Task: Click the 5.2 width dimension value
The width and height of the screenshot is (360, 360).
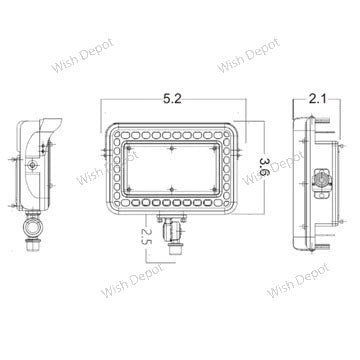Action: tap(172, 99)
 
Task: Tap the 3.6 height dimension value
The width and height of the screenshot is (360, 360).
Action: tap(265, 166)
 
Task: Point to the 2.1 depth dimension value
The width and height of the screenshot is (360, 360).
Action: tap(317, 99)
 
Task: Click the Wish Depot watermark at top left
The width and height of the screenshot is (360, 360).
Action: tap(82, 56)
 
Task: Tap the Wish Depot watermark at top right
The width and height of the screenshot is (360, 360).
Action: tap(248, 56)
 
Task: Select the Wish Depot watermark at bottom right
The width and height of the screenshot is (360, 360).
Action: tap(298, 280)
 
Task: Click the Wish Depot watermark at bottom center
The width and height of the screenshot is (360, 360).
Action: tap(132, 280)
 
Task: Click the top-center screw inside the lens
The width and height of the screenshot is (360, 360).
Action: tap(172, 149)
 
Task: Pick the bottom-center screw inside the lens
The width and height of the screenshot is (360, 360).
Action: tap(172, 189)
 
